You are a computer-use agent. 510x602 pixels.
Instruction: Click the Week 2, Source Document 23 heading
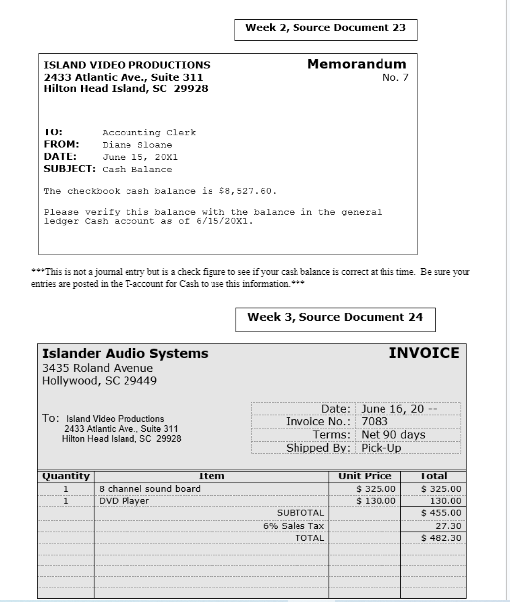pos(325,29)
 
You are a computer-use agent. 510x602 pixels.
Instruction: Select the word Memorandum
pos(356,64)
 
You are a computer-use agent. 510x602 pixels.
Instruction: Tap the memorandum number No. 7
pos(394,77)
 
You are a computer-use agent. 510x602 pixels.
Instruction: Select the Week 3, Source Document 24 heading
pos(334,318)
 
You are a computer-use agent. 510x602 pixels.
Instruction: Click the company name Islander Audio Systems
pos(126,353)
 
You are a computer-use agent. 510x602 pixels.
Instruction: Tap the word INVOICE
pos(423,353)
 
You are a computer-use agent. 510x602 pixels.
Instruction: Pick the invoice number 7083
pos(377,421)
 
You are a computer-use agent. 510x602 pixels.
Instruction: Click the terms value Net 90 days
pos(393,434)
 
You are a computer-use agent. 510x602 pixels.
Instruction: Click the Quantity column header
pos(65,476)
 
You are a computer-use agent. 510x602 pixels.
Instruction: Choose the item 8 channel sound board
pos(149,489)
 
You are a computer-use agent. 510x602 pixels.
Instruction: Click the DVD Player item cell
pos(123,501)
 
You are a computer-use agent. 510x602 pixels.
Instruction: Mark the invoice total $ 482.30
pos(440,538)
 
